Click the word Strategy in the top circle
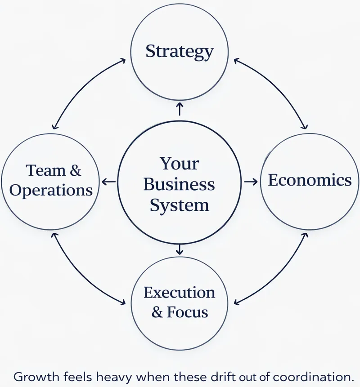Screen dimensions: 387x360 [179, 51]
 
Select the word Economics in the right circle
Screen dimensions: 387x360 [310, 180]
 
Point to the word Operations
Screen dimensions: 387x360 [51, 190]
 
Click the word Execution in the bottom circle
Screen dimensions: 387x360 [179, 293]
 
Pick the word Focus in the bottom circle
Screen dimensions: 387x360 [188, 312]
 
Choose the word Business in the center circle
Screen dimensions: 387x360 [179, 184]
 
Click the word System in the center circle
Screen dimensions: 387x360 [179, 205]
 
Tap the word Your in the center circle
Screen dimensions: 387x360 [179, 163]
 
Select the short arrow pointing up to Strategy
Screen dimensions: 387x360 [180, 109]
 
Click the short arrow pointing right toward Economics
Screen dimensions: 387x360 [251, 182]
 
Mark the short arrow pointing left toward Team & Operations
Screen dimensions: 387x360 [109, 182]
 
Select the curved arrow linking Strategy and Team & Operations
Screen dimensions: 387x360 [80, 85]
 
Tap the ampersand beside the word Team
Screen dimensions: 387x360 [76, 171]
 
